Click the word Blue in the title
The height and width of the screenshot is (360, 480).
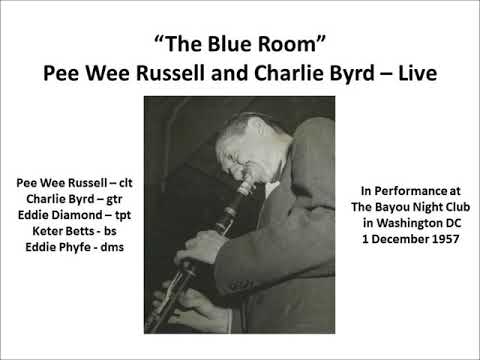(x=228, y=44)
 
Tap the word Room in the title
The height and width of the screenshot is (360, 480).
(x=290, y=44)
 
